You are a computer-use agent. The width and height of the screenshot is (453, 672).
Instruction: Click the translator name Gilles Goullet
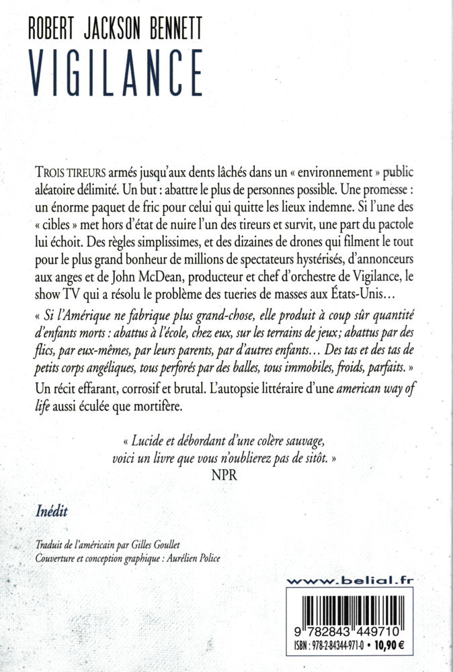point(190,546)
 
